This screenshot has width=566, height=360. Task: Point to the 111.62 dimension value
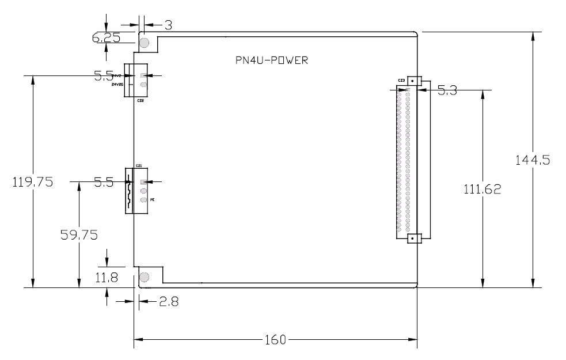point(483,188)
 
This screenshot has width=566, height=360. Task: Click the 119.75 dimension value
point(33,182)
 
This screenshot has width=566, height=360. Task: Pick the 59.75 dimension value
point(79,234)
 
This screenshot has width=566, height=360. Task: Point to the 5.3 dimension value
point(447,90)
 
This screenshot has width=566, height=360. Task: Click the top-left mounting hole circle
point(144,43)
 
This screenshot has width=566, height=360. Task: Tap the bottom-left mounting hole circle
point(144,278)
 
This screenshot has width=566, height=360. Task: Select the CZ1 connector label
point(139,166)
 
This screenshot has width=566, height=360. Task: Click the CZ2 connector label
point(140,101)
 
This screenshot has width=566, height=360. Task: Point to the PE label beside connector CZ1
point(152,199)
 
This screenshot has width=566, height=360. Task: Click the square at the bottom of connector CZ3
point(412,237)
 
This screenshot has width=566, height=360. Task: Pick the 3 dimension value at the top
point(169,25)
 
